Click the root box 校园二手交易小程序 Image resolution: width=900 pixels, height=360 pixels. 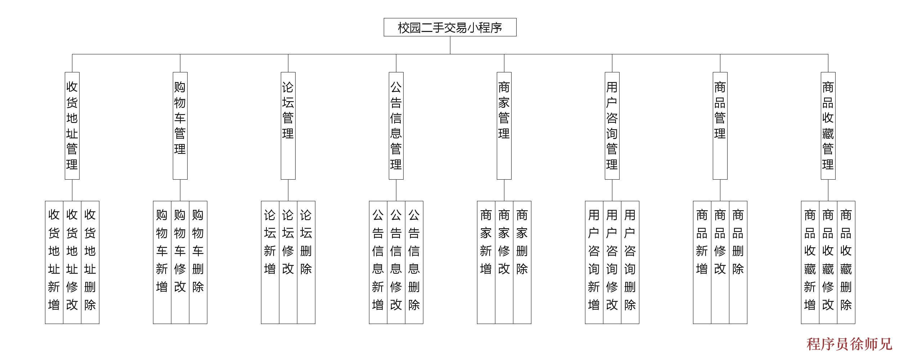[x=450, y=27]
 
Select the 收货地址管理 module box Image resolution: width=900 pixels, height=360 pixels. [x=72, y=126]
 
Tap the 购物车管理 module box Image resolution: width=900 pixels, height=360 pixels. [x=180, y=126]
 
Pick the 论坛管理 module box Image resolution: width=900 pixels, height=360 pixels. [x=288, y=126]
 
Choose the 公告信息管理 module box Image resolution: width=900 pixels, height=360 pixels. [x=396, y=126]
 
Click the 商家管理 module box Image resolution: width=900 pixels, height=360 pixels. [x=504, y=126]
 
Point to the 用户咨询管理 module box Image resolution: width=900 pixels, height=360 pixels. [x=612, y=126]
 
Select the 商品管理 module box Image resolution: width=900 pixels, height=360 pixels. [x=720, y=126]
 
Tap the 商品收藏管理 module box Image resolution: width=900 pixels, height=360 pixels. [x=828, y=126]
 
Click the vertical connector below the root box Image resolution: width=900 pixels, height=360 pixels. [x=450, y=45]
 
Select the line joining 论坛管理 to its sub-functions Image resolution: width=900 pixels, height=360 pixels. [x=288, y=190]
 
